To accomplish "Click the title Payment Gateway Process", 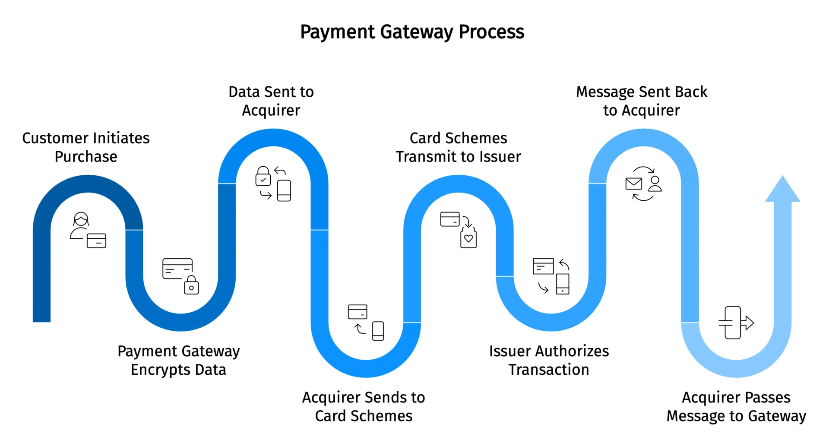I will pyautogui.click(x=412, y=32).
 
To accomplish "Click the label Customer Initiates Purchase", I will pyautogui.click(x=86, y=147).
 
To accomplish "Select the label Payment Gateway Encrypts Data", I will pyautogui.click(x=178, y=360).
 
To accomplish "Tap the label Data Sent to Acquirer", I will pyautogui.click(x=271, y=101).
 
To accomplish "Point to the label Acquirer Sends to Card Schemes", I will pyautogui.click(x=364, y=406).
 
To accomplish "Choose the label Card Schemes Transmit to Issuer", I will pyautogui.click(x=458, y=147).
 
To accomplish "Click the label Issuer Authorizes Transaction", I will pyautogui.click(x=549, y=360).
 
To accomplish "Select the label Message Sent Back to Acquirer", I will pyautogui.click(x=642, y=101).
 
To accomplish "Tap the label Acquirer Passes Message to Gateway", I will pyautogui.click(x=736, y=406).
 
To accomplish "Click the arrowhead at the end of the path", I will pyautogui.click(x=782, y=190).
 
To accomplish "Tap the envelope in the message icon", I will pyautogui.click(x=634, y=184).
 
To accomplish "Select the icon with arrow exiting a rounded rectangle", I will pyautogui.click(x=736, y=323).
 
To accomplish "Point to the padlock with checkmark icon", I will pyautogui.click(x=263, y=177).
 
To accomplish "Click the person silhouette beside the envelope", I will pyautogui.click(x=655, y=184).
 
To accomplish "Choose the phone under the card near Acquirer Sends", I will pyautogui.click(x=378, y=331).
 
